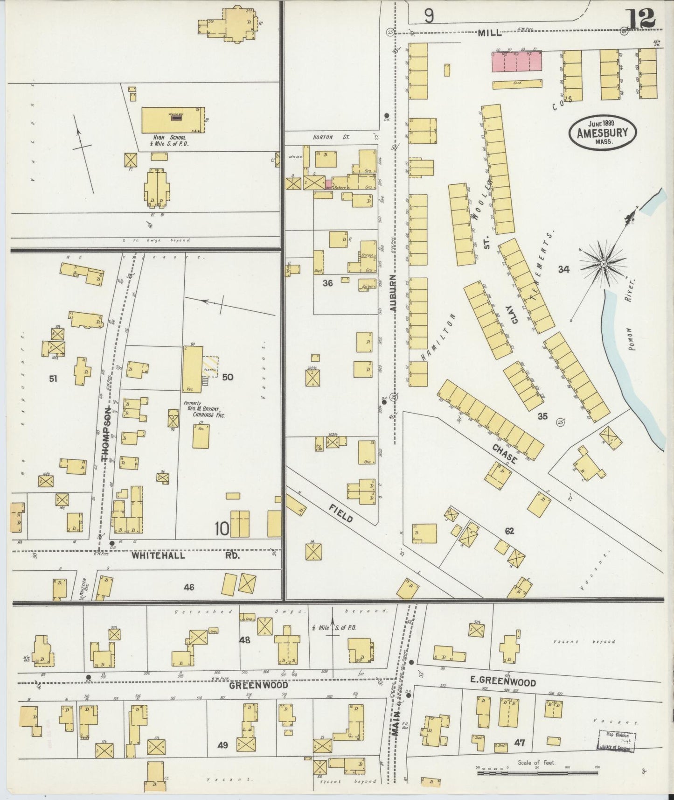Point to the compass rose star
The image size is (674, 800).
[603, 264]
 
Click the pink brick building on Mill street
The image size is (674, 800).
[517, 61]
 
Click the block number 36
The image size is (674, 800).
[328, 282]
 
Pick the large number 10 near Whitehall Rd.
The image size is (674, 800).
[222, 529]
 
